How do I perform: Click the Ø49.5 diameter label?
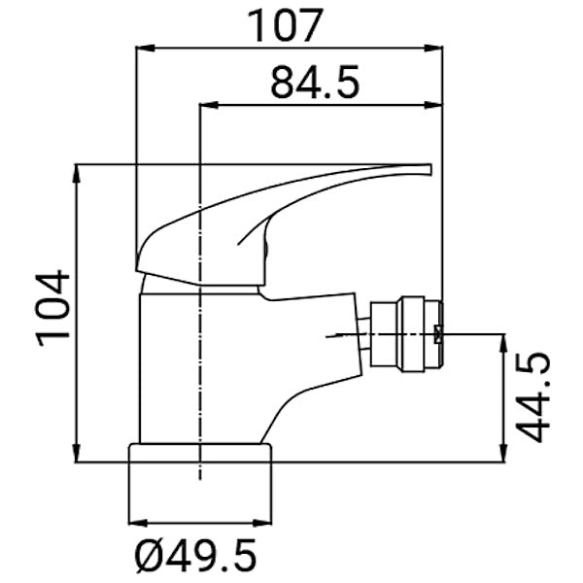click(197, 556)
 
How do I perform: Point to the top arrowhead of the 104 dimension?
click(77, 173)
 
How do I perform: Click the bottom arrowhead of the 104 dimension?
click(77, 454)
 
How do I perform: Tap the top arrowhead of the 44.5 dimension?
click(503, 342)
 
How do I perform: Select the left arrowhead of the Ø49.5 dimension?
click(137, 525)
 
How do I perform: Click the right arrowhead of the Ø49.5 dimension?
click(264, 525)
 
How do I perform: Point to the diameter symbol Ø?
click(146, 556)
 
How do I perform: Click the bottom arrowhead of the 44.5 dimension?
click(503, 454)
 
